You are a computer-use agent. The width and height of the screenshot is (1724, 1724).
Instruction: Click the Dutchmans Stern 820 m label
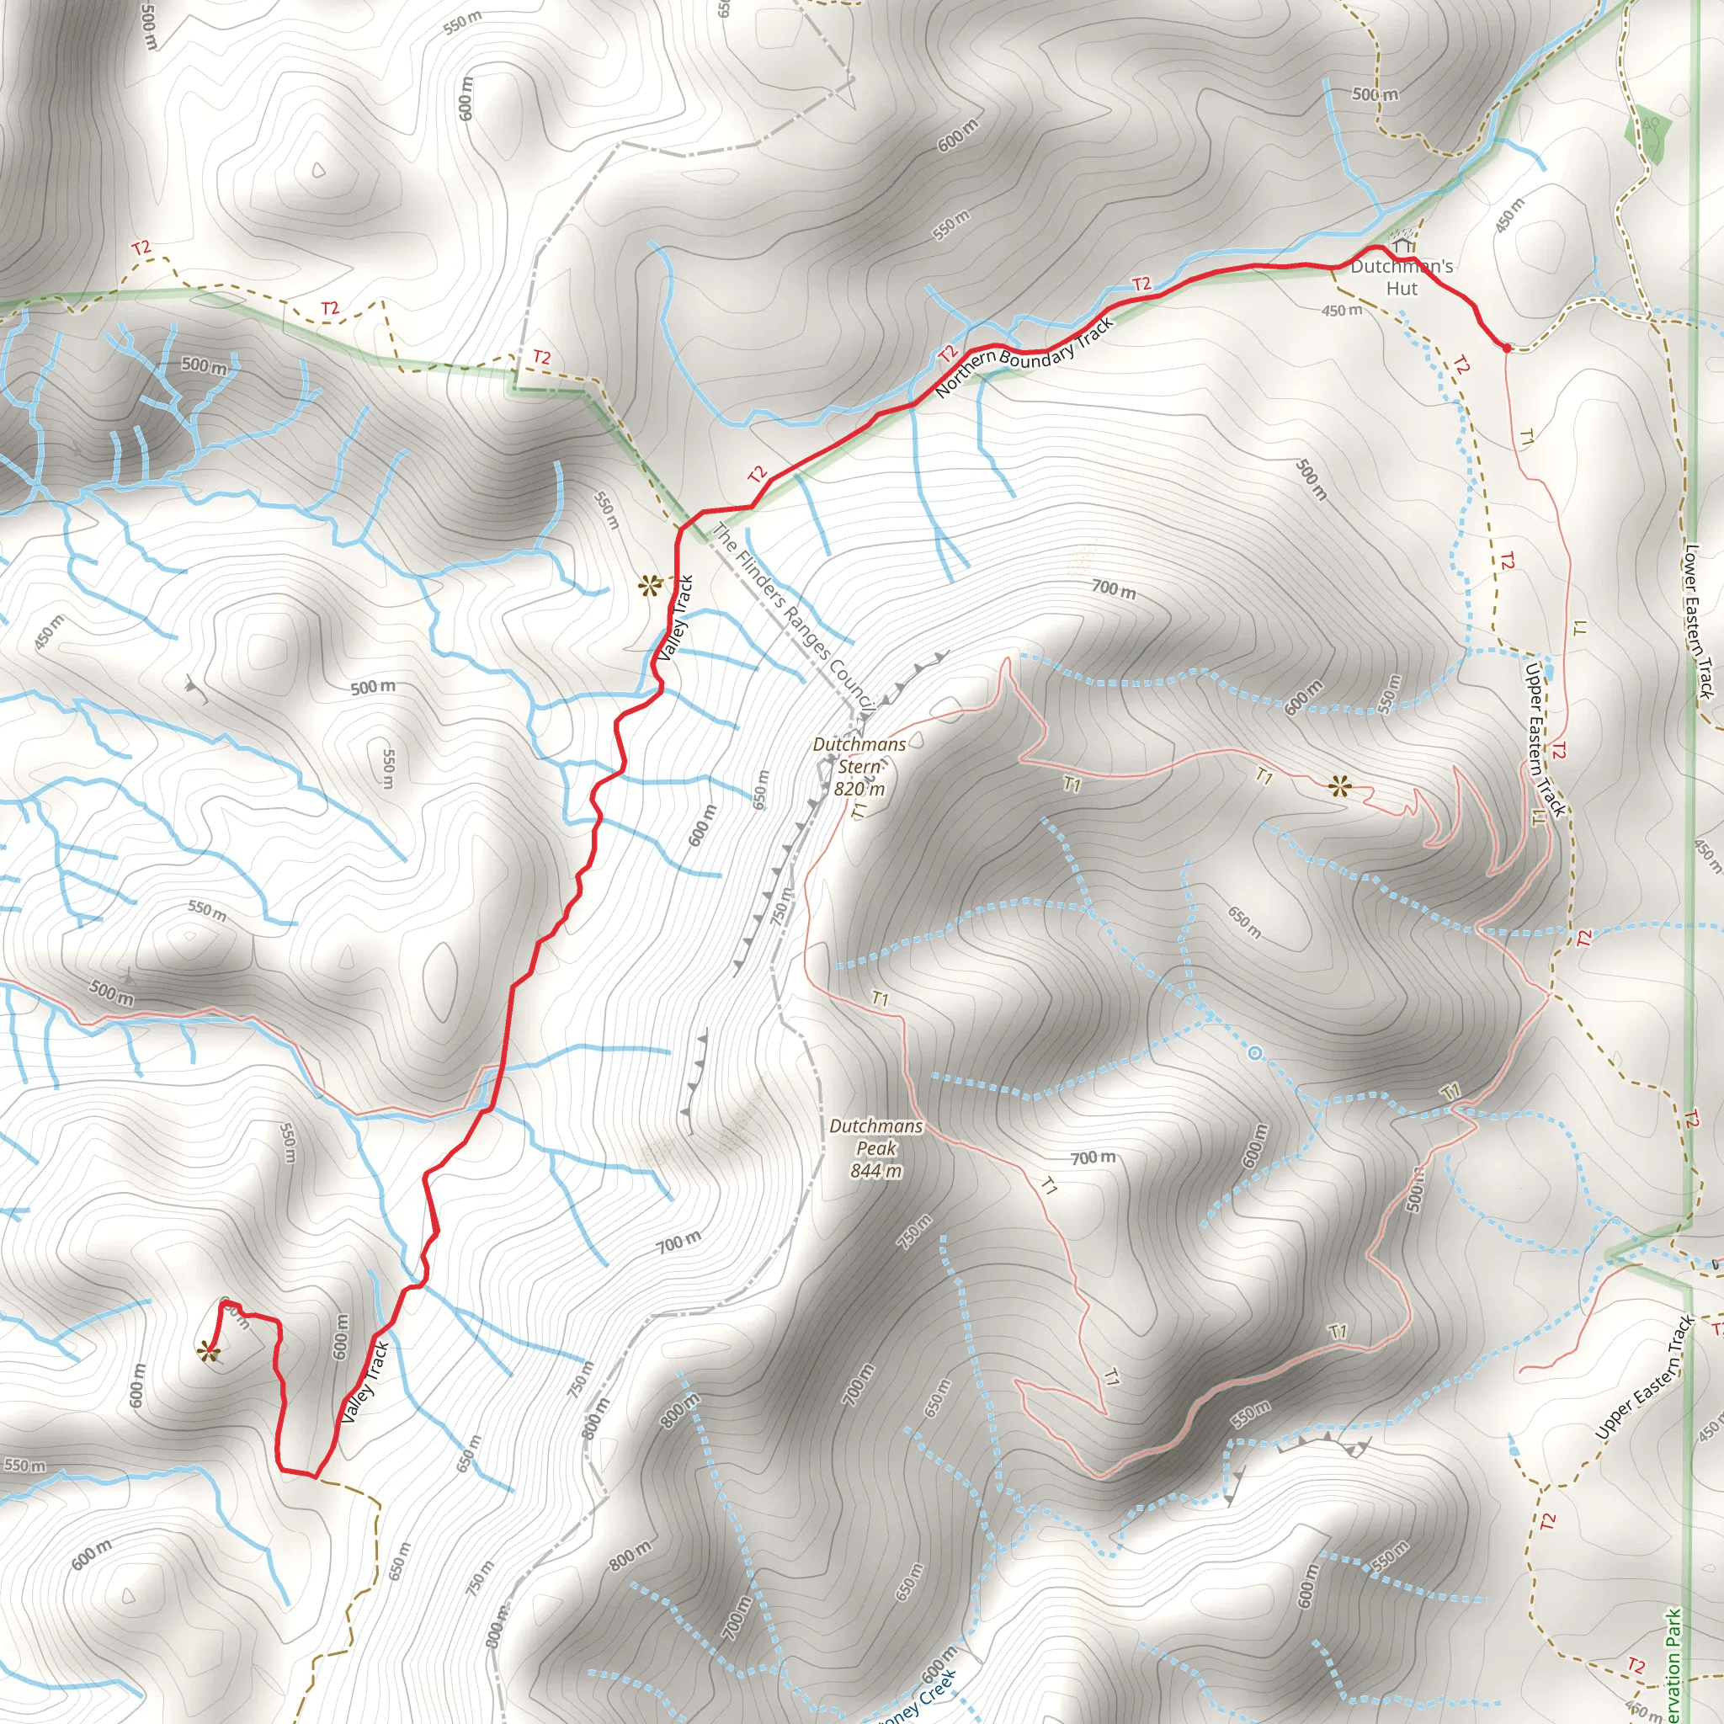click(x=859, y=767)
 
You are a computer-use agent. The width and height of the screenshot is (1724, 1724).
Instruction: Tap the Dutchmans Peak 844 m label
click(x=875, y=1148)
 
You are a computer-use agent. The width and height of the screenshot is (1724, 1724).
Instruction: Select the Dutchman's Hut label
click(x=1402, y=278)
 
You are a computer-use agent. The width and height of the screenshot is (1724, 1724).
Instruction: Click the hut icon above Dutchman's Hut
click(x=1402, y=244)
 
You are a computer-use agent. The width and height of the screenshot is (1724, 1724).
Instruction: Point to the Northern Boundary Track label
click(x=1024, y=357)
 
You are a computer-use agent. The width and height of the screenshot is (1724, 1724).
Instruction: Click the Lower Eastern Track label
click(x=1698, y=621)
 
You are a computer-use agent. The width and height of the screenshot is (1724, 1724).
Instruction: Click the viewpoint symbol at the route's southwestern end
click(x=209, y=1352)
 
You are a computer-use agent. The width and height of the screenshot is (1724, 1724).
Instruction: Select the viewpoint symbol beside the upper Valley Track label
click(x=649, y=586)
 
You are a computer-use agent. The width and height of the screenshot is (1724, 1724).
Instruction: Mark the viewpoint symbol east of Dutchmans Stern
click(x=1339, y=786)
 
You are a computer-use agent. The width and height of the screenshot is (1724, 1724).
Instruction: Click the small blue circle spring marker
click(x=1254, y=1054)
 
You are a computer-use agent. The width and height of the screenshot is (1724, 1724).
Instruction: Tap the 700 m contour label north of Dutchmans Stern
click(x=1114, y=589)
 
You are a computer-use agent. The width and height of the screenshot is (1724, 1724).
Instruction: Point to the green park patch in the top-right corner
click(x=1652, y=134)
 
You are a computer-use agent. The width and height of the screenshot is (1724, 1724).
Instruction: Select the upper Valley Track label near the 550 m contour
click(x=675, y=619)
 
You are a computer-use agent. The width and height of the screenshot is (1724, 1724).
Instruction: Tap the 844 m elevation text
click(x=875, y=1171)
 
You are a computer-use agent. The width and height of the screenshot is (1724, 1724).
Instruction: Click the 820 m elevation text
click(x=859, y=789)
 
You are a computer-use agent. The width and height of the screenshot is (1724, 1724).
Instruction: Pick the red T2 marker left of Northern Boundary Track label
click(x=948, y=354)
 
